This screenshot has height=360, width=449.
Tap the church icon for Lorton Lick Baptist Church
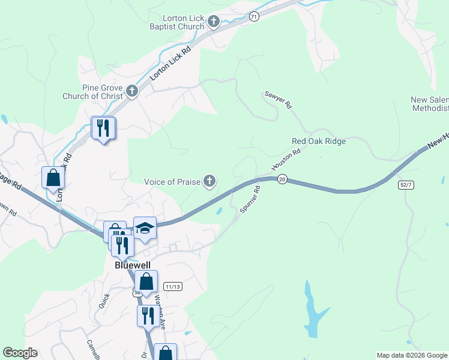[213, 23]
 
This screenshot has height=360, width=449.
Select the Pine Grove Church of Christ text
[92, 92]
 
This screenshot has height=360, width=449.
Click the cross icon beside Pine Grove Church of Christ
[132, 92]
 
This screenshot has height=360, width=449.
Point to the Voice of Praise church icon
[209, 181]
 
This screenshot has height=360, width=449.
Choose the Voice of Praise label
[172, 182]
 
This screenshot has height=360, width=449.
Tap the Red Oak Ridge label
[318, 141]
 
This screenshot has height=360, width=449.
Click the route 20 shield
[282, 179]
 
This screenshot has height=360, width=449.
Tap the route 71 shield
[255, 17]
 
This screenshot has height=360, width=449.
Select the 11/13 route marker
[173, 287]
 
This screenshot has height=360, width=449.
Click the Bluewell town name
[131, 265]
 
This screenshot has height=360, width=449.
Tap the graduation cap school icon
[145, 228]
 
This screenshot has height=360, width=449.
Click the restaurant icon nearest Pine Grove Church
[103, 128]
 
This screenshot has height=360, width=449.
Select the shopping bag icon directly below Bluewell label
[146, 281]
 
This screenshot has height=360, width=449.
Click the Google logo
[20, 353]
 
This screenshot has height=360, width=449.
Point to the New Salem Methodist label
[429, 104]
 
